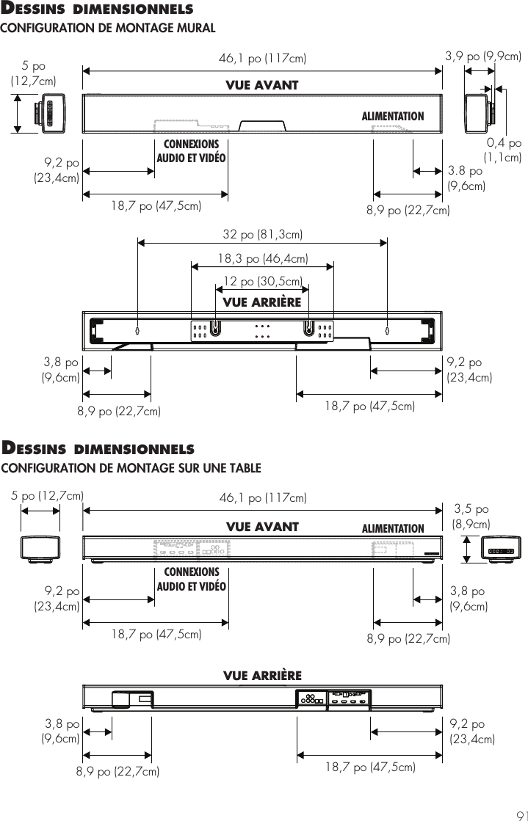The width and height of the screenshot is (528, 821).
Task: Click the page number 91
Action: [x=519, y=814]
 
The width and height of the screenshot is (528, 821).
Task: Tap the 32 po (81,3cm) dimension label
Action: [x=263, y=235]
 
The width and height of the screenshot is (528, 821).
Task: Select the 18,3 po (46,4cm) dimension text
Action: [x=263, y=258]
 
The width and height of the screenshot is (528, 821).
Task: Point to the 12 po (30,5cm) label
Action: [x=263, y=282]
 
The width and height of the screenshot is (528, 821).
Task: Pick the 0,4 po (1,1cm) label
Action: [x=503, y=150]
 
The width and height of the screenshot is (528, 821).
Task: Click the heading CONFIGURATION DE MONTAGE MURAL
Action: [x=108, y=28]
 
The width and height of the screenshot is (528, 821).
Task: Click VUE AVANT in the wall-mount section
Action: [x=262, y=85]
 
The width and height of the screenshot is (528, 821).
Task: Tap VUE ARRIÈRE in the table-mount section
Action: [x=262, y=674]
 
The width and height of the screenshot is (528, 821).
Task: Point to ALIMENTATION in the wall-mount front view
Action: [x=393, y=116]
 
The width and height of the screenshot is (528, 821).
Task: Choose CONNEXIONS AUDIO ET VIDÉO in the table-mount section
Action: [x=191, y=578]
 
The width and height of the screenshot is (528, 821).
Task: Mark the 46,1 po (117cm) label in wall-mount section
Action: [x=263, y=58]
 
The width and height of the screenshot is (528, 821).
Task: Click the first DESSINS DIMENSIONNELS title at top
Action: [x=98, y=10]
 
